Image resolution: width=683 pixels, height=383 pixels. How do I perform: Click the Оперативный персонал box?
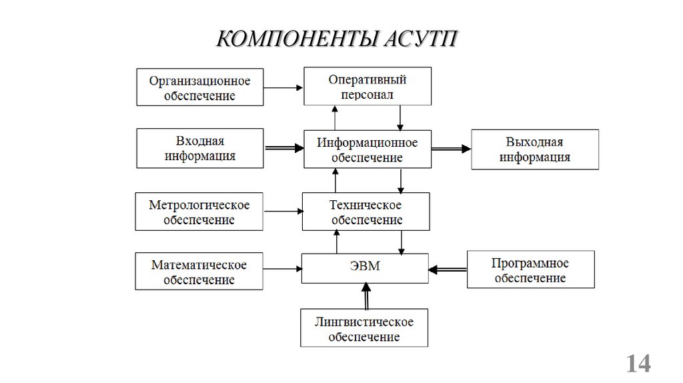coord(367,86)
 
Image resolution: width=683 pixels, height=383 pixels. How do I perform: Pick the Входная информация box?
coord(200,149)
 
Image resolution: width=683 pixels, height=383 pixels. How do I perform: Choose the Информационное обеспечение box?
coord(367,149)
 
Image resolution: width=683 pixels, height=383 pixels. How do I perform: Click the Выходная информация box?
coord(534,149)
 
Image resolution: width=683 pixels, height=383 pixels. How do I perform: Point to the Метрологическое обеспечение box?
coord(199,212)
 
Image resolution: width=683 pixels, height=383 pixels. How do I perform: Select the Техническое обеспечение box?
coord(366,211)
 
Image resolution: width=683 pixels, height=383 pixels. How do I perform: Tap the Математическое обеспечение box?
coord(199,271)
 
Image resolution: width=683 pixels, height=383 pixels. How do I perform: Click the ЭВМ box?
coord(365,268)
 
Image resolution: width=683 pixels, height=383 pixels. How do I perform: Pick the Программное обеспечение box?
coord(530,269)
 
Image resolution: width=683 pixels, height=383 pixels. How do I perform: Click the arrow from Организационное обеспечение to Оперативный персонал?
coord(284,87)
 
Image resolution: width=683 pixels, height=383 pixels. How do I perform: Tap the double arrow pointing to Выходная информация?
coord(451,150)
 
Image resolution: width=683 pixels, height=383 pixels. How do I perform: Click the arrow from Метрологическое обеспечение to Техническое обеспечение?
coord(283,212)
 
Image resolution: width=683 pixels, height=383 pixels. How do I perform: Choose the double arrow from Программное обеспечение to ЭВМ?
coord(447,270)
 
